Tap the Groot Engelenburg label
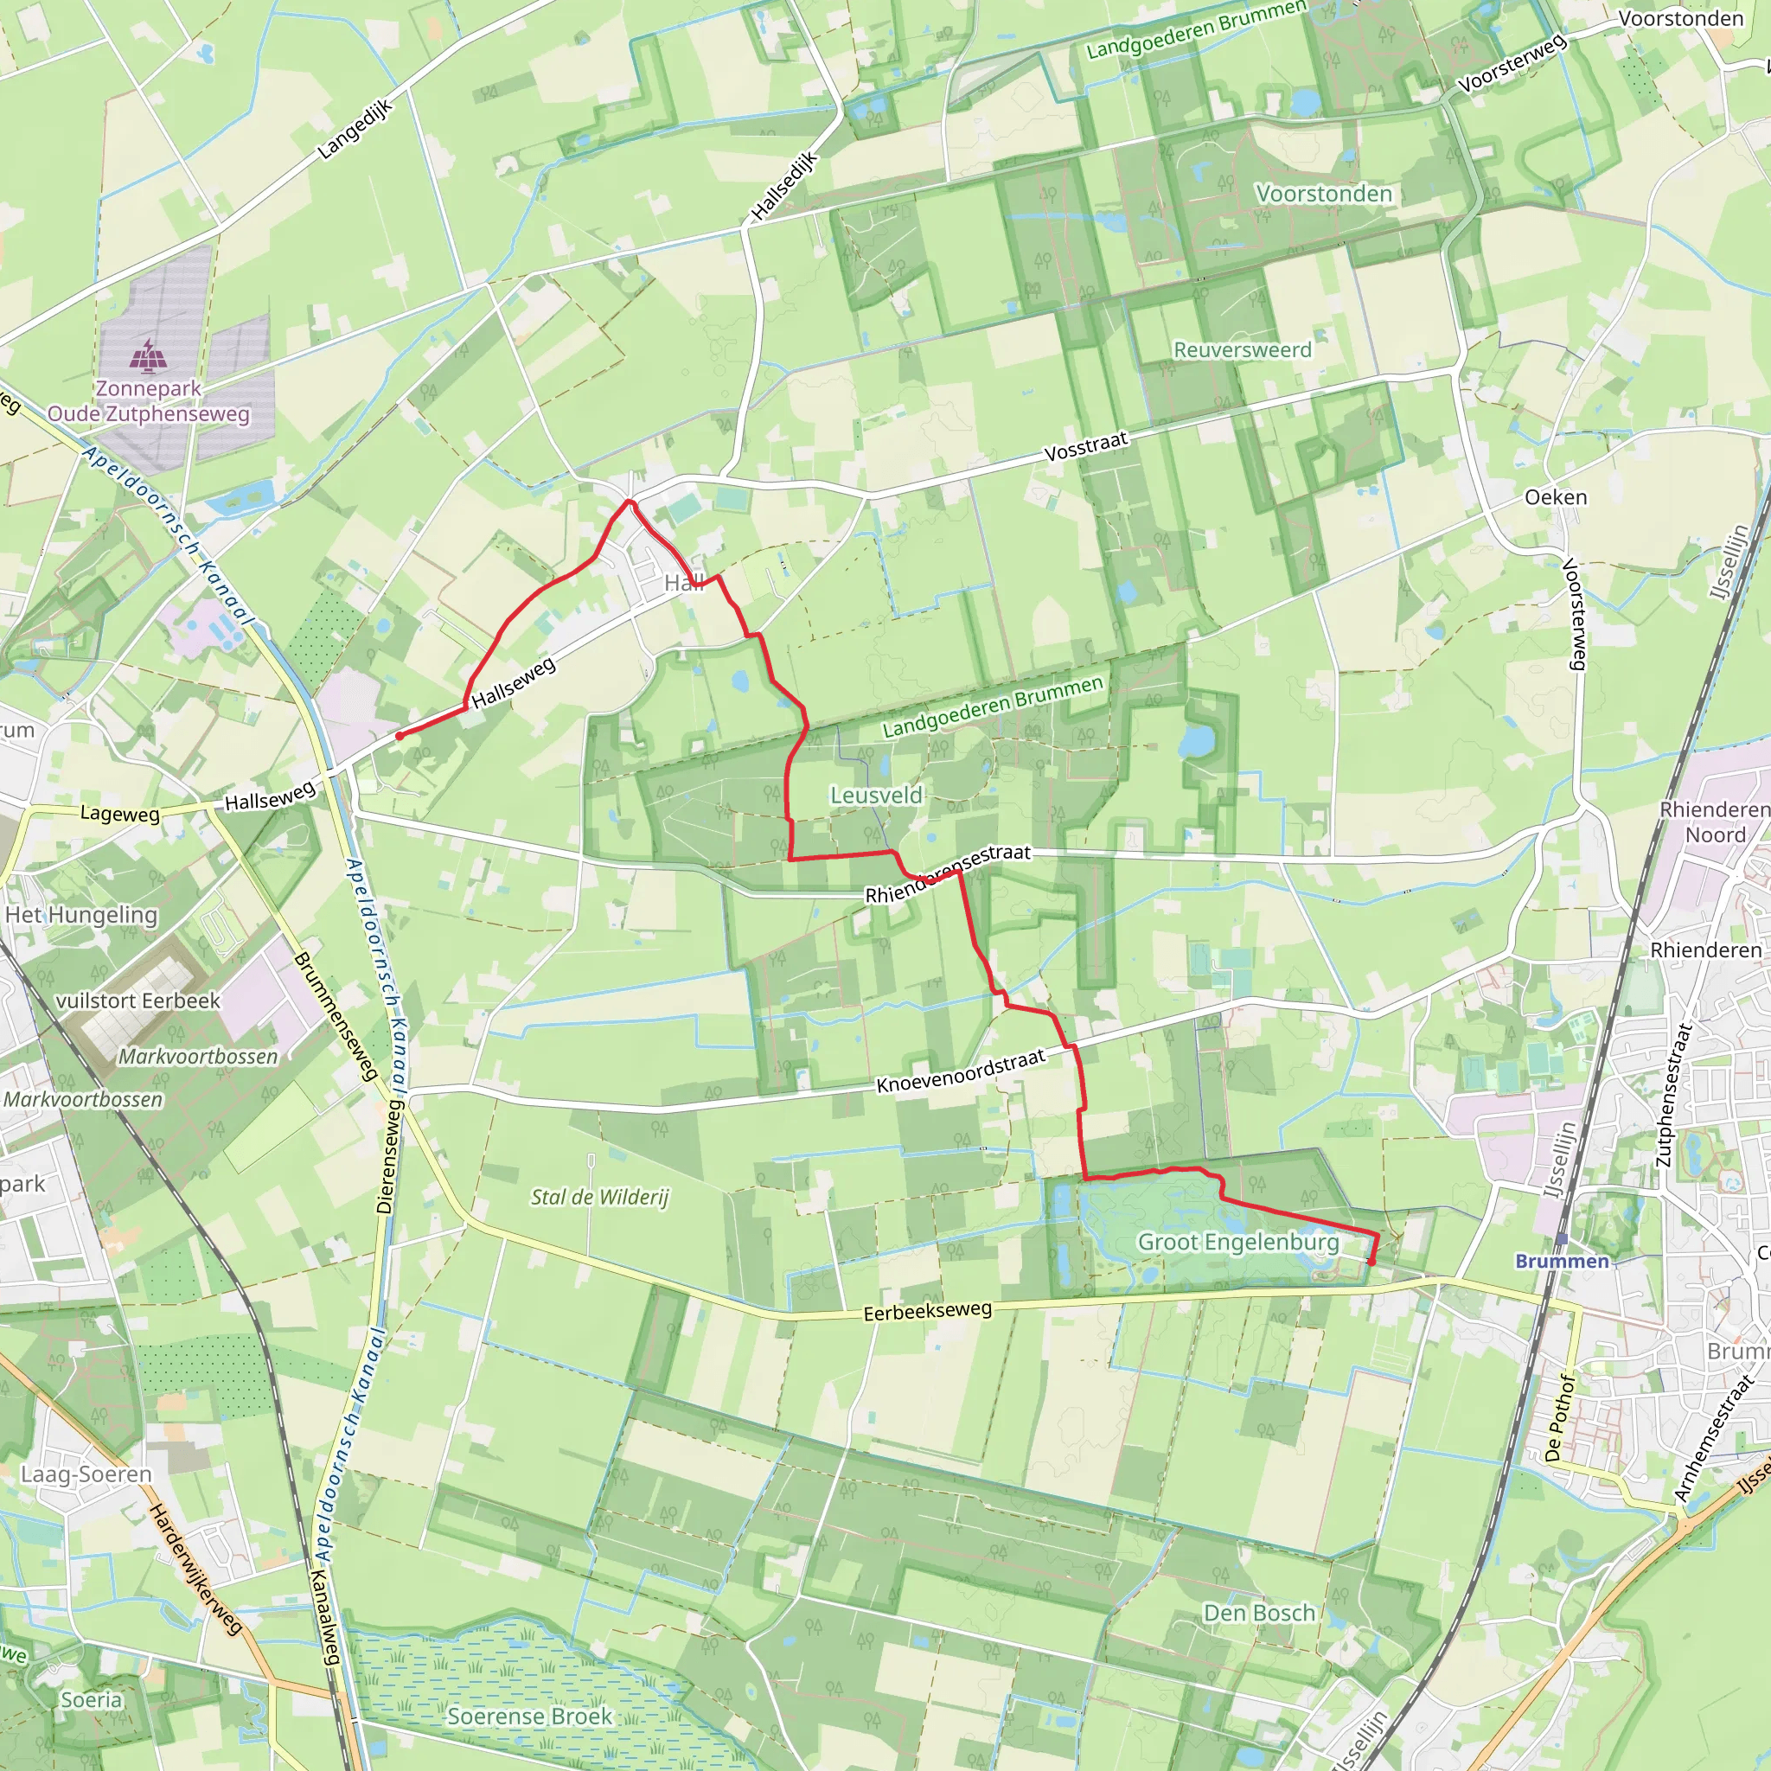coord(1237,1242)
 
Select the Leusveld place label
coord(875,795)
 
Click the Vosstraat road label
coord(1085,446)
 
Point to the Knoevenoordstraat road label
coord(960,1071)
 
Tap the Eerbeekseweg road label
coord(927,1311)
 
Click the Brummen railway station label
coord(1561,1262)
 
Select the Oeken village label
coord(1555,497)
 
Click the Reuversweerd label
coord(1241,349)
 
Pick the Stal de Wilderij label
coord(599,1197)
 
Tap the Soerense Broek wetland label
coord(529,1716)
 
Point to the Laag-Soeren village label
coord(86,1474)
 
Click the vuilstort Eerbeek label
coord(137,1001)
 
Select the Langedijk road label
coord(355,129)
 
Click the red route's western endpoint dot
coord(400,735)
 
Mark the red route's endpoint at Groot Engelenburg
coord(1371,1263)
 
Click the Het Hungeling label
coord(80,915)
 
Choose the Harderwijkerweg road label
coord(195,1569)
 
